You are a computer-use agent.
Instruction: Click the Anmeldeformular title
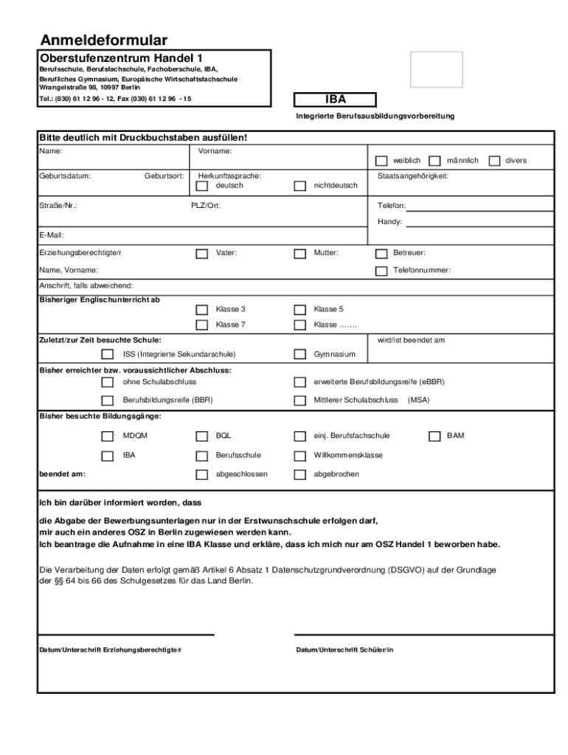pos(103,40)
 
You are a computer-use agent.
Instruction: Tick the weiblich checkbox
pos(381,161)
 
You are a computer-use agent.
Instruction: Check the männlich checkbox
pos(435,161)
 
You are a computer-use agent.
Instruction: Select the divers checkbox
pos(493,161)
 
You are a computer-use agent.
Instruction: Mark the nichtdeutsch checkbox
pos(299,186)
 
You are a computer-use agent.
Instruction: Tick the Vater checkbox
pos(201,254)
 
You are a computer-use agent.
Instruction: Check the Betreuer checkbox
pos(381,254)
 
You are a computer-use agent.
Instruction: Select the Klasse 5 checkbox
pos(299,310)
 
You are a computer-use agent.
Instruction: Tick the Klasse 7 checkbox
pos(201,325)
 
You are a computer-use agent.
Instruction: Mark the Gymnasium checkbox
pos(299,355)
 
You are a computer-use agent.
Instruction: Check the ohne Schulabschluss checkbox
pos(108,382)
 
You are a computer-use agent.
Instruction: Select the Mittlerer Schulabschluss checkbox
pos(299,401)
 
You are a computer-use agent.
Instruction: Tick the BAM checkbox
pos(434,436)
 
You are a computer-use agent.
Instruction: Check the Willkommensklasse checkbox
pos(299,456)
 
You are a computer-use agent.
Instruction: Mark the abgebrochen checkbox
pos(299,475)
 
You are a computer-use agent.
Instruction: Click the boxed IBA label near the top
pos(335,100)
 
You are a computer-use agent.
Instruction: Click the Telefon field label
pos(392,206)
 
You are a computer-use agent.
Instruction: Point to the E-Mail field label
pos(52,235)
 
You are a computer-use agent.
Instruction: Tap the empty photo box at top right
pos(436,69)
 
